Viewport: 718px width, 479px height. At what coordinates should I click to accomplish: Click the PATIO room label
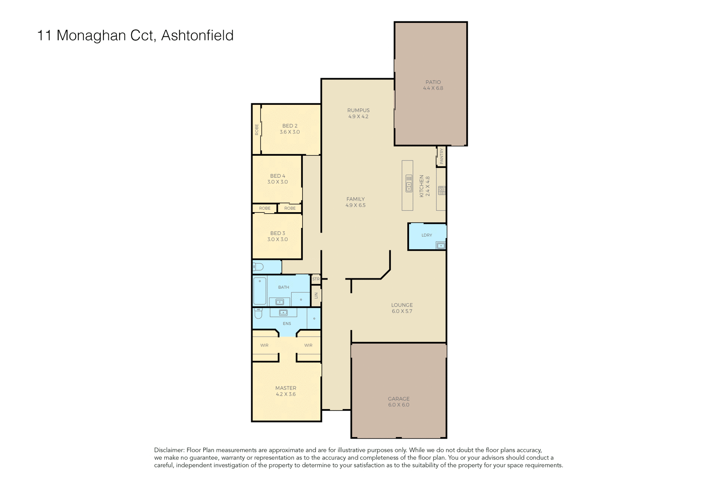433,82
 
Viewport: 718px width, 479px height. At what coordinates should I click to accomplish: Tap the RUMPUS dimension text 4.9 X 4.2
358,116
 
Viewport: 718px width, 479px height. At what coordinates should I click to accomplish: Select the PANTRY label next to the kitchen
441,156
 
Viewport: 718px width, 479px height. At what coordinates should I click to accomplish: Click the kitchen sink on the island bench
409,184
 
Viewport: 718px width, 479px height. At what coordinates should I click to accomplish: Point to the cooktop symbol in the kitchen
442,190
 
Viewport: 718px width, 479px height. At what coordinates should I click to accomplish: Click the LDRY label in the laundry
427,235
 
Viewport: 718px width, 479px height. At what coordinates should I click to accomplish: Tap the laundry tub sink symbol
441,246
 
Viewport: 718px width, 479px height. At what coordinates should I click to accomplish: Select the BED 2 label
290,126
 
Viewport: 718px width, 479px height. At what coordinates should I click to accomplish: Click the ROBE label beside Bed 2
257,129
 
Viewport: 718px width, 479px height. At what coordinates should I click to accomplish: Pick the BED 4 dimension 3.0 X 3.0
277,182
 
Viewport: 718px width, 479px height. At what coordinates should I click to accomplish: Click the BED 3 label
277,233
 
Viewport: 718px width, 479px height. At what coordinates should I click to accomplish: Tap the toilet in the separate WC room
258,267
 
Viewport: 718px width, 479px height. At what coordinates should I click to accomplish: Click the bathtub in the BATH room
260,291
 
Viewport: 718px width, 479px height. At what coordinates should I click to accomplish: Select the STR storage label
316,279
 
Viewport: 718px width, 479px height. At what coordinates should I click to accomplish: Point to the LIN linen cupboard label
316,295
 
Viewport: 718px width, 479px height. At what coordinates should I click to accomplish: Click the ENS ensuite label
287,324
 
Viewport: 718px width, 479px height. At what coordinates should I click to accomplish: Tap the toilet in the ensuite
258,313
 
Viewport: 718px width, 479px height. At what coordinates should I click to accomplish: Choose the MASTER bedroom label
286,388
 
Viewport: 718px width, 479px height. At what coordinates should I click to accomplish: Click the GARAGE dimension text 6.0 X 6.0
399,405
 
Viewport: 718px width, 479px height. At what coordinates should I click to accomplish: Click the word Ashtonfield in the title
197,36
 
